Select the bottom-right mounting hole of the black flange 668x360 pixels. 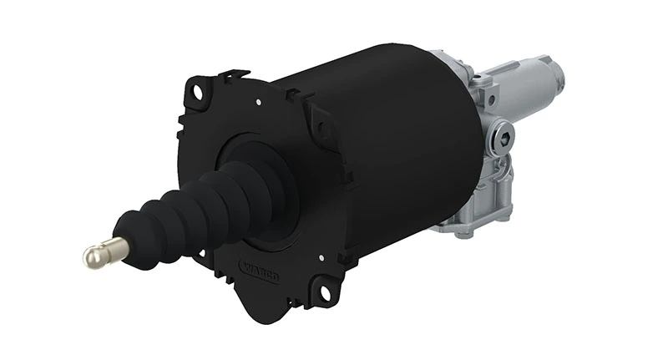coord(319,292)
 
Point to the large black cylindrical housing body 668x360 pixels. coord(401,142)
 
